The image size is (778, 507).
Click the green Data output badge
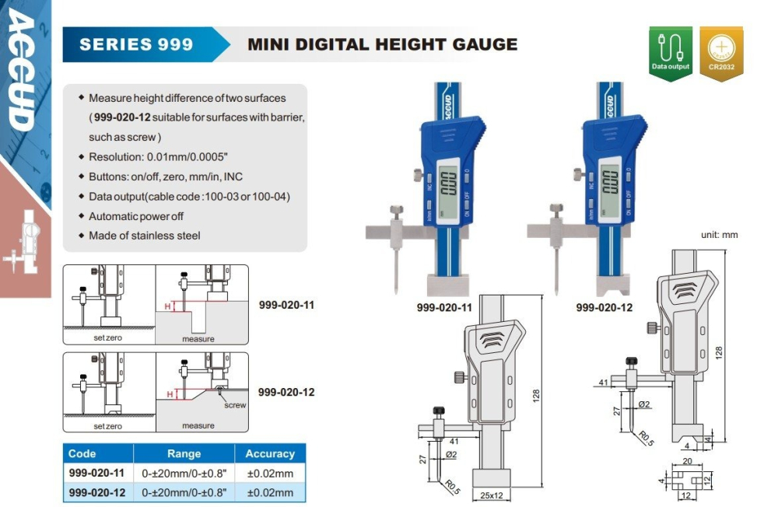pos(671,53)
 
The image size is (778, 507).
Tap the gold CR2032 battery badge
pos(721,53)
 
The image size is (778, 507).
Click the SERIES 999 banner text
pos(136,44)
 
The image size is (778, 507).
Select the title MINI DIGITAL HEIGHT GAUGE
pos(382,44)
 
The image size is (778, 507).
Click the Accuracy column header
pos(270,453)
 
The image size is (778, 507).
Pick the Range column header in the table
pos(184,453)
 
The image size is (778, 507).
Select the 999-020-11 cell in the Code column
pos(96,473)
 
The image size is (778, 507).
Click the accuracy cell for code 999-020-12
pos(270,492)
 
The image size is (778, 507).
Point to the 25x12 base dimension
pos(491,495)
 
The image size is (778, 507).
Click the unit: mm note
pos(719,235)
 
